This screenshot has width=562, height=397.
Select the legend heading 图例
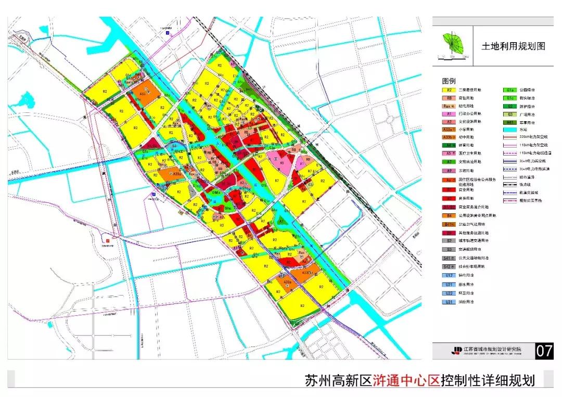tap(448, 81)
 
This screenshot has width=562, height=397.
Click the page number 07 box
tap(544, 351)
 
